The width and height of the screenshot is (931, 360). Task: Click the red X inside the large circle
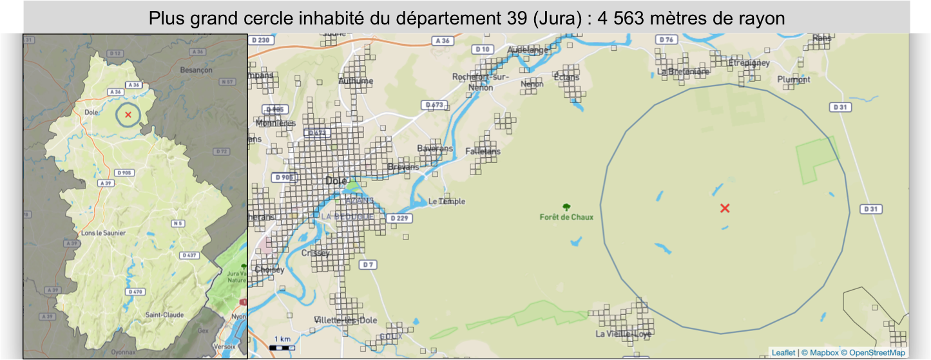click(725, 208)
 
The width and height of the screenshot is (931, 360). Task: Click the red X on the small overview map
click(128, 115)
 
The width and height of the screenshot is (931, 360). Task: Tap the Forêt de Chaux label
click(566, 217)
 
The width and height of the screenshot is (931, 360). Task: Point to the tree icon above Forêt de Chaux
click(566, 207)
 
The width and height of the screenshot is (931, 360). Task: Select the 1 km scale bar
click(282, 346)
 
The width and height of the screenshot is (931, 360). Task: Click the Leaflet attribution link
click(783, 353)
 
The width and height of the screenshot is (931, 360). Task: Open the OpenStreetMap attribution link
click(878, 353)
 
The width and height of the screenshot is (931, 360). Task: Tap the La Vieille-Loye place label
click(623, 334)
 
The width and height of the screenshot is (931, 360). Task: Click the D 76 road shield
click(667, 40)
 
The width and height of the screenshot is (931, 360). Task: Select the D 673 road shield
click(434, 104)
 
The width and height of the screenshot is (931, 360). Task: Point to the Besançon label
click(197, 70)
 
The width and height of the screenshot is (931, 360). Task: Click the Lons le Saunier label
click(102, 232)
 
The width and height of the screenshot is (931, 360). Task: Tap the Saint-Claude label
click(164, 315)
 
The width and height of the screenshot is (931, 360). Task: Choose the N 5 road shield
click(178, 223)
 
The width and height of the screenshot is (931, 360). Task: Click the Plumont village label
click(794, 79)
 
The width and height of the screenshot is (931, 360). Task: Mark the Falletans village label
click(483, 150)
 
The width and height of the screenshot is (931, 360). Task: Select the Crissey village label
click(316, 253)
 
